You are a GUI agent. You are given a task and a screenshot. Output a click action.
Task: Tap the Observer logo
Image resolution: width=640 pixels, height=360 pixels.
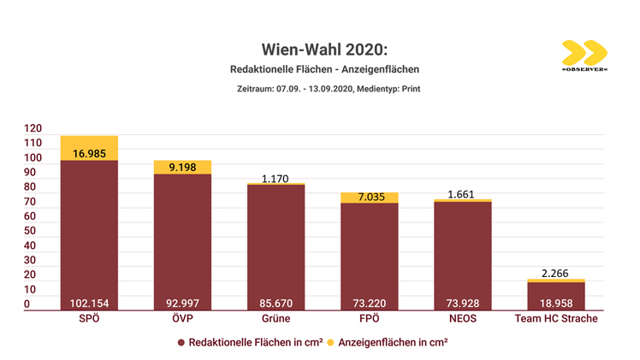coord(584,56)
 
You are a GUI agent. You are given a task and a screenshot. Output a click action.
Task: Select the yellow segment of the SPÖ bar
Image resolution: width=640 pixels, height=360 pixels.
coord(89,147)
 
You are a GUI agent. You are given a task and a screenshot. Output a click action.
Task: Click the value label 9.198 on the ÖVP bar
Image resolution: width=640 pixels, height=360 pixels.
coord(182,167)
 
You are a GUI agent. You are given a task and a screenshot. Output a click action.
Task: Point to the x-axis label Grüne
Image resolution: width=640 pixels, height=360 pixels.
coord(276,319)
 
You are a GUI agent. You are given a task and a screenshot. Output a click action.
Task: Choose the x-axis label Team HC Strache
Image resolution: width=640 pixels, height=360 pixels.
coord(556,319)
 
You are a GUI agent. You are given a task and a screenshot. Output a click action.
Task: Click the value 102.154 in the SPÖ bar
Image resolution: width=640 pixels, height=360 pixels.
coord(89,303)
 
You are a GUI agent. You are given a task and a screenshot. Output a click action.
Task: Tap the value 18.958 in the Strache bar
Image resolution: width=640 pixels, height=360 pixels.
coord(556,303)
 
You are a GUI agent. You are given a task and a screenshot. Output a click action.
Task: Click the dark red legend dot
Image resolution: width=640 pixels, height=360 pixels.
coord(181,343)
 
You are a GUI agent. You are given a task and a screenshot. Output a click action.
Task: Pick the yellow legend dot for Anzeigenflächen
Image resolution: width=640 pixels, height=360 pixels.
coord(332,343)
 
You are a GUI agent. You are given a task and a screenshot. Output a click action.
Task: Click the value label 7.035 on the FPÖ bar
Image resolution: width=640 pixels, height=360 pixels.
coord(369,198)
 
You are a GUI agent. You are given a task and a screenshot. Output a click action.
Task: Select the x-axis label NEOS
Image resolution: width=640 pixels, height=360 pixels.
coord(463,319)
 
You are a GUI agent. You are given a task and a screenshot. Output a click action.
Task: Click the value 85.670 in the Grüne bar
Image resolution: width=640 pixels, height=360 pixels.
coord(276,303)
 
